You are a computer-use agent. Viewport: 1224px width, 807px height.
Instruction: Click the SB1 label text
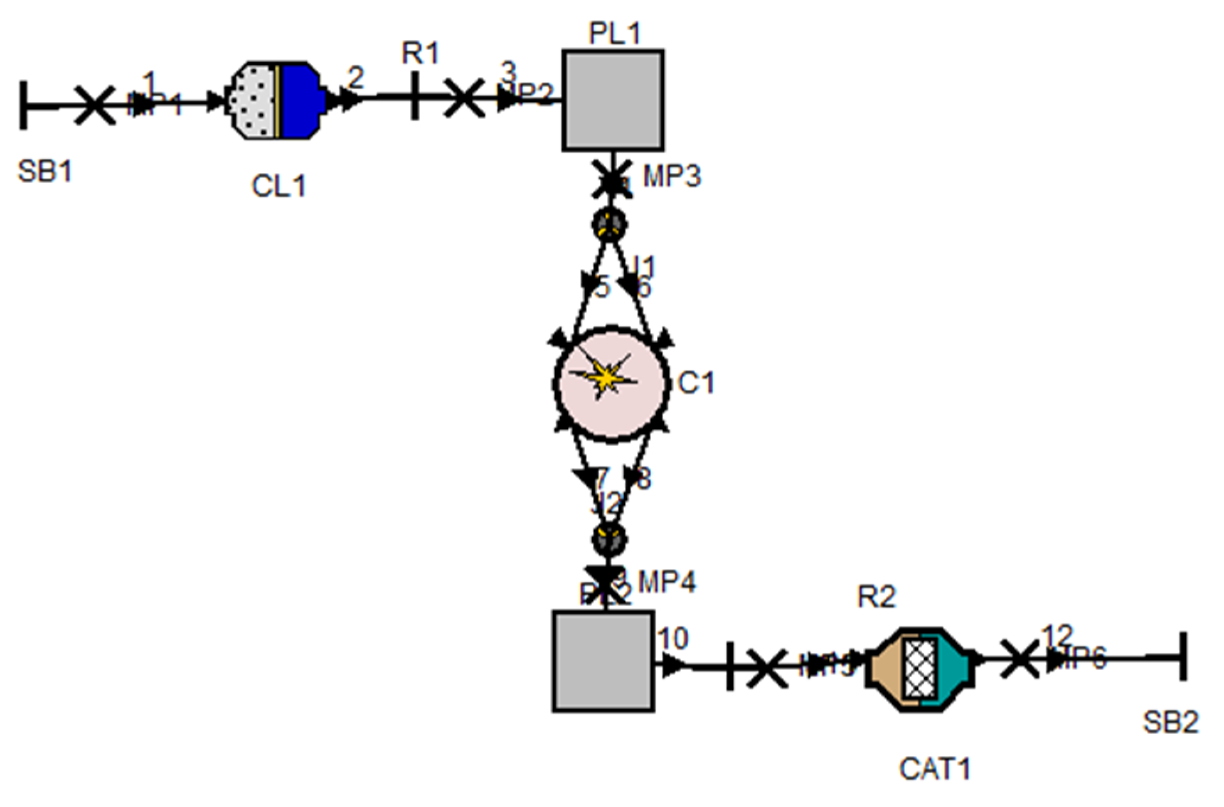click(45, 172)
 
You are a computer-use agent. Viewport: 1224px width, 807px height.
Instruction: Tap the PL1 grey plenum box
click(613, 100)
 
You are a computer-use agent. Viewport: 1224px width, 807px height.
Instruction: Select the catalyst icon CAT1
click(920, 670)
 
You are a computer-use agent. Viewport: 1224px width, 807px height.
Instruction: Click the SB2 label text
click(1170, 722)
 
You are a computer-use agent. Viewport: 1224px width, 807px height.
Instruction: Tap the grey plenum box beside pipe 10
click(603, 661)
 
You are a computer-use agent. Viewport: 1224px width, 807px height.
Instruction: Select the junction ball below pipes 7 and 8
click(609, 539)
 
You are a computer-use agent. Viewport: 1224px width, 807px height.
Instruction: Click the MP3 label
click(671, 176)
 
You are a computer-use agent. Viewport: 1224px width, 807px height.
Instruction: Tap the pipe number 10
click(672, 638)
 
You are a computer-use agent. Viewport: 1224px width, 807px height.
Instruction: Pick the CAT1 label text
click(935, 769)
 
